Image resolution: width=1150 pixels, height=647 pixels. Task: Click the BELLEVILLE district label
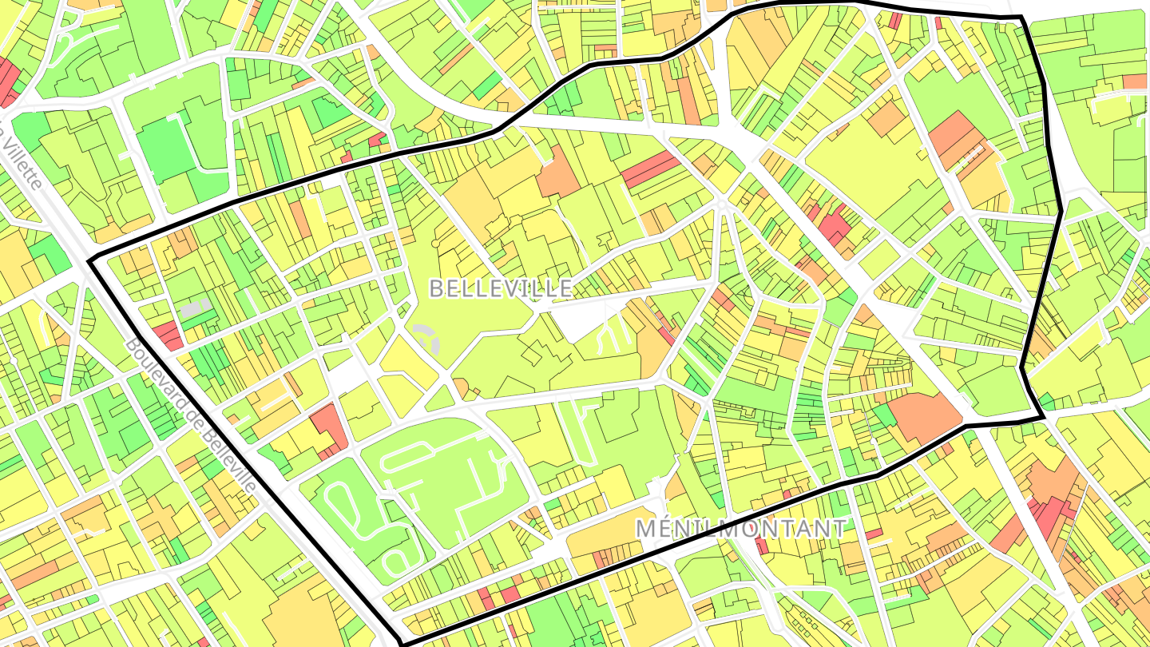pos(501,288)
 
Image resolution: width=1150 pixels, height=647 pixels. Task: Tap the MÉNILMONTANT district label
pos(740,528)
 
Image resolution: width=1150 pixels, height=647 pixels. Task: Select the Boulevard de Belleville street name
pos(191,415)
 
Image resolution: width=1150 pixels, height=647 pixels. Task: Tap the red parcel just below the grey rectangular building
pos(169,335)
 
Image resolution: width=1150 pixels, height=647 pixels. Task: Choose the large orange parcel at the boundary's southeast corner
pos(922,415)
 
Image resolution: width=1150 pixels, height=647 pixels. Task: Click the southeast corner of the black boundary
pos(1043,417)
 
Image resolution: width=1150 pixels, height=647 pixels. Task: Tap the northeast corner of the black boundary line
pos(1021,17)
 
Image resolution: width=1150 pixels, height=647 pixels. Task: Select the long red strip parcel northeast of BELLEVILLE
pos(651,169)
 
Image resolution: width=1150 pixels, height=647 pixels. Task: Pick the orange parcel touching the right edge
pos(1134,81)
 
